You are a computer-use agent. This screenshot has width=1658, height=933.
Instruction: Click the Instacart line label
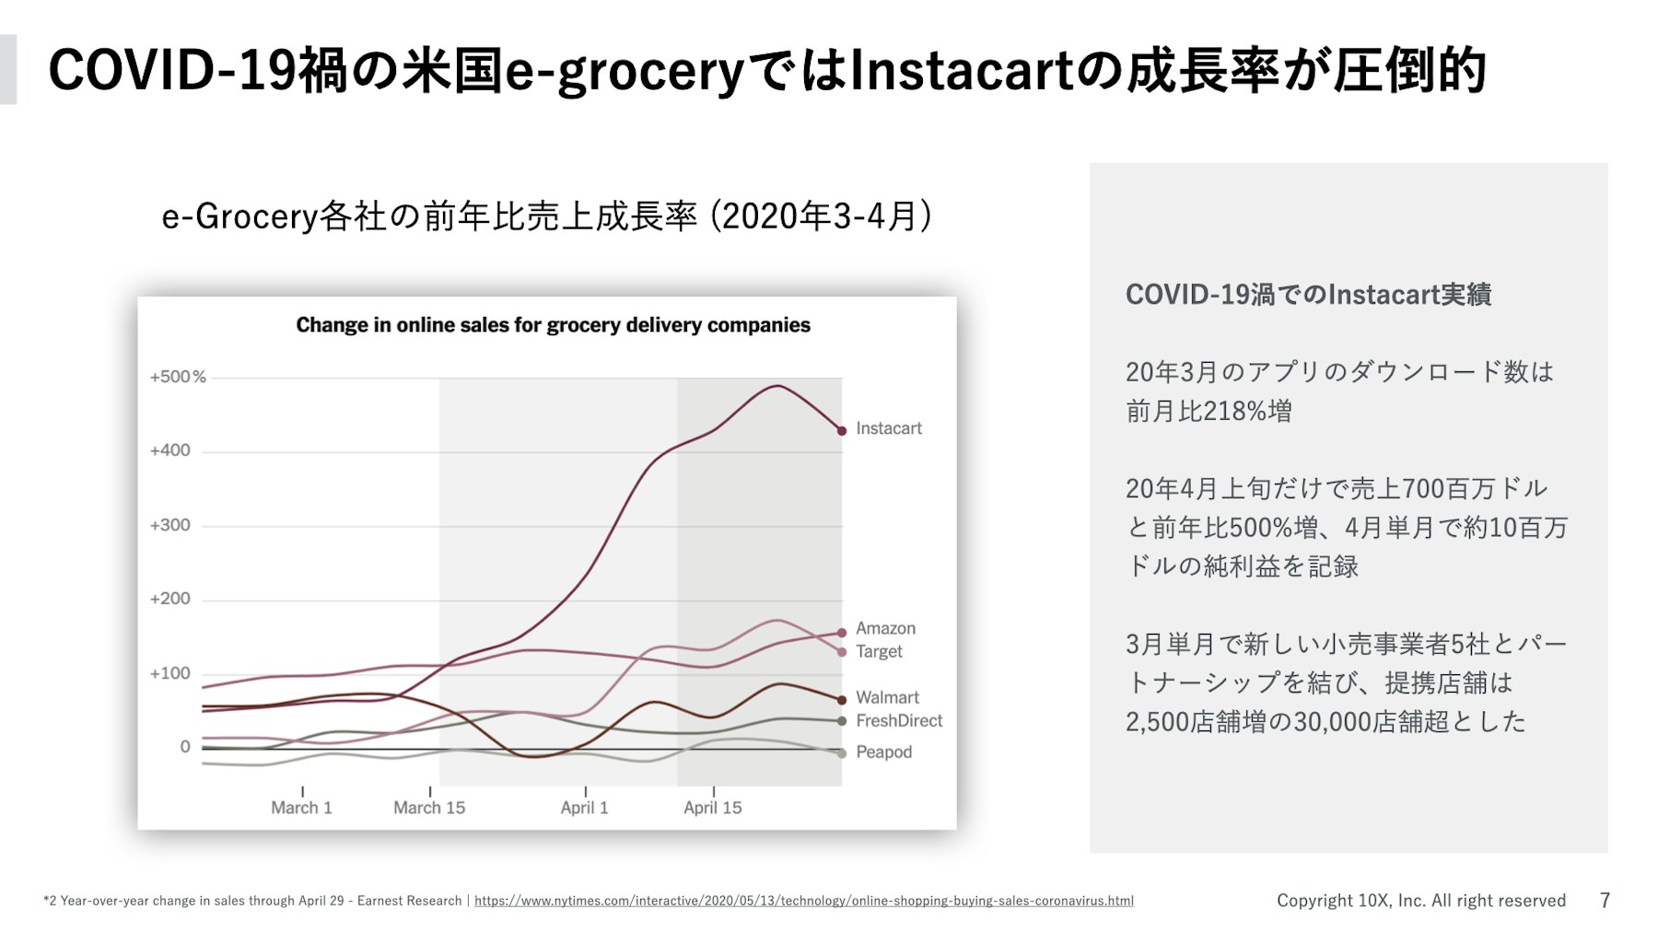tap(888, 428)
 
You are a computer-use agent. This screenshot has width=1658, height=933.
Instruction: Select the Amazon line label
tap(885, 628)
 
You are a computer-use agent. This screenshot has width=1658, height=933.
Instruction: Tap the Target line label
tap(879, 651)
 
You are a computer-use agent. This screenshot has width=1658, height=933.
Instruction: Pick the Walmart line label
tap(887, 697)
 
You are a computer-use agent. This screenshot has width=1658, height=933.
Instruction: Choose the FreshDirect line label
tap(898, 720)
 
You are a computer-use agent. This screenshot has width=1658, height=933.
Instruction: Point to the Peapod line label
tap(883, 752)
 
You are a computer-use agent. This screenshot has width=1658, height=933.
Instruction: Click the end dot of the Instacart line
tap(842, 431)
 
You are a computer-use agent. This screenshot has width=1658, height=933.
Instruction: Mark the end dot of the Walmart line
tap(842, 700)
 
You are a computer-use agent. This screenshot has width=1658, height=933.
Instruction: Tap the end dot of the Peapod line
tap(842, 753)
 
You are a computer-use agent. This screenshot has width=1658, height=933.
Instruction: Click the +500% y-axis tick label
tap(178, 377)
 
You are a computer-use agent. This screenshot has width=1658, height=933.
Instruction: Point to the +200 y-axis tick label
tap(170, 599)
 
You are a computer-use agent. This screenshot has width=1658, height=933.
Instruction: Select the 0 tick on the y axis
tap(185, 747)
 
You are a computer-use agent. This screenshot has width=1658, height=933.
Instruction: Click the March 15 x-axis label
tap(429, 808)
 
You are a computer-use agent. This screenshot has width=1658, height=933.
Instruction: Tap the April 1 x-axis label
tap(584, 808)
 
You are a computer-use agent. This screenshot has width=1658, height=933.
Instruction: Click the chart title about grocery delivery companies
tap(553, 325)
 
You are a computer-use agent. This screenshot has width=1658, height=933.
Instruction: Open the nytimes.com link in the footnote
tap(803, 901)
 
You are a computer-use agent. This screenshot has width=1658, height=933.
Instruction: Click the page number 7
tap(1605, 900)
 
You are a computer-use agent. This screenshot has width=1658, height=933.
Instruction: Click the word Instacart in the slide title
tap(961, 71)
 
